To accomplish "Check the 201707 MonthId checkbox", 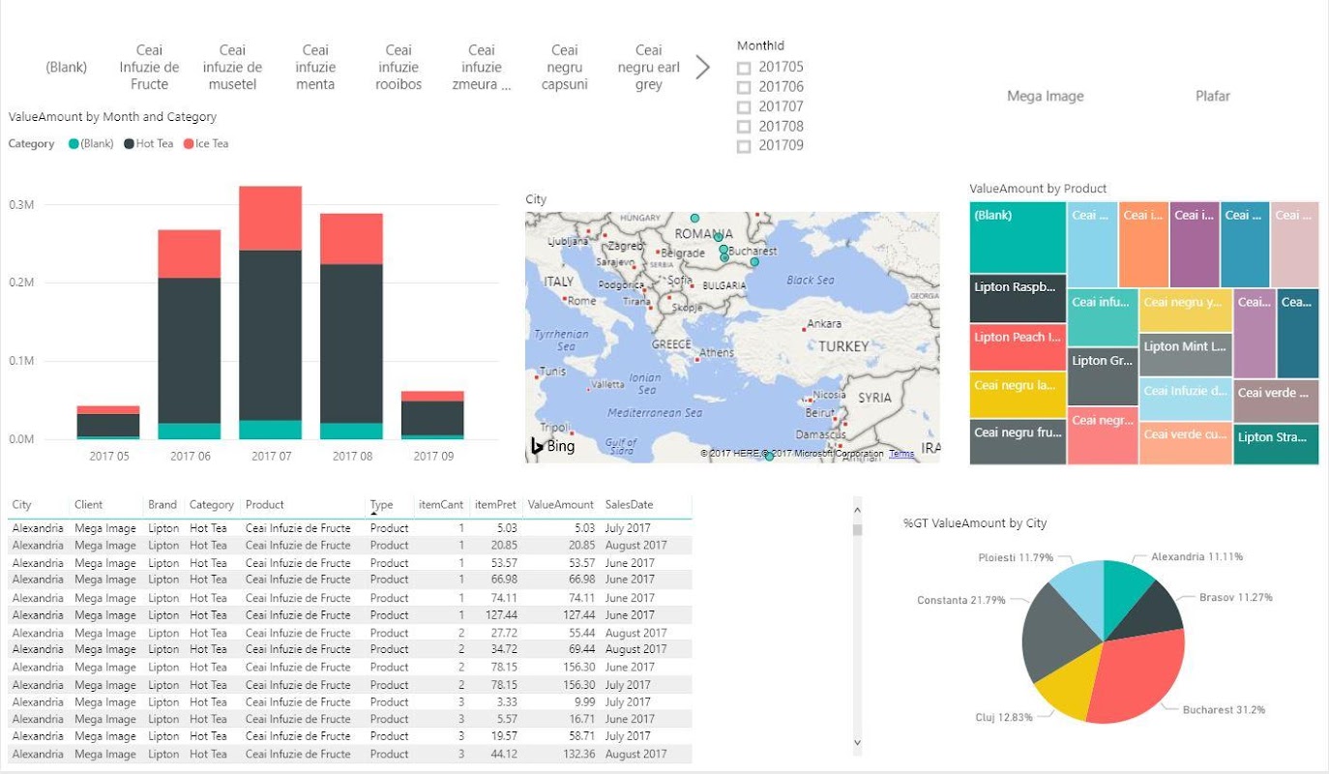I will pos(744,107).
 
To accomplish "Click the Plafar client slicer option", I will pos(1212,96).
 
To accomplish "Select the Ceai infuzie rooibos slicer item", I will pos(399,67).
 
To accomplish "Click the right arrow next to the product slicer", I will pos(703,67).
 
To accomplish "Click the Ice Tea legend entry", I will pos(211,144).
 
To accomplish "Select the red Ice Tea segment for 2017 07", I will pos(271,219).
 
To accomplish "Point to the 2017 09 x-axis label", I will pos(433,456).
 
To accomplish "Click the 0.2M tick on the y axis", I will pos(21,283).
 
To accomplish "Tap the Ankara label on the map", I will pos(823,324).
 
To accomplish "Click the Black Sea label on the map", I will pos(810,281).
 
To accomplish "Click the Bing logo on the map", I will pos(552,446).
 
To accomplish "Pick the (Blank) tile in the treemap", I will pos(1018,237).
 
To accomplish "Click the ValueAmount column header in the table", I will pos(560,505).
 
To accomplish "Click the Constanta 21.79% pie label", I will pos(962,601).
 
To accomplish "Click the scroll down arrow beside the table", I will pos(857,742).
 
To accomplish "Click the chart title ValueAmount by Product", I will pos(1038,189).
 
